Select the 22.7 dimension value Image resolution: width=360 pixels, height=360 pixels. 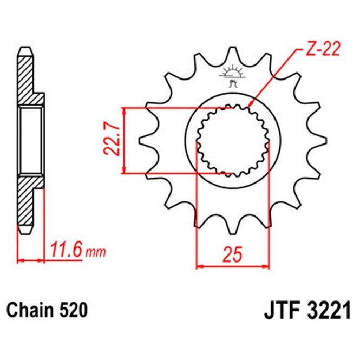[x=112, y=140]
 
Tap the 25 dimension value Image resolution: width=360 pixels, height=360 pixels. [x=233, y=254]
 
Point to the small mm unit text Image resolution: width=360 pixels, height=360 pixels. [x=95, y=252]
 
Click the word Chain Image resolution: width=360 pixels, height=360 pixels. [x=30, y=310]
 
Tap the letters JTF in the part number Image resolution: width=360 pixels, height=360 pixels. [x=283, y=311]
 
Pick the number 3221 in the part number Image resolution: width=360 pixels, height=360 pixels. [x=329, y=311]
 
